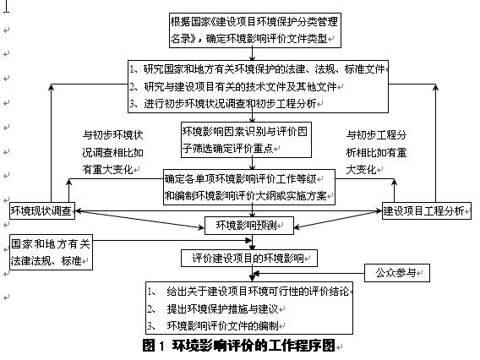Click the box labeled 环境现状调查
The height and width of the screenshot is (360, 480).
[42, 211]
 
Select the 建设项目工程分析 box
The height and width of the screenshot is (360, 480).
[427, 211]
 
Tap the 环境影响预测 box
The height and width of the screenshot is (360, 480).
[249, 226]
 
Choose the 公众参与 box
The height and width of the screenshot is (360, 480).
[397, 273]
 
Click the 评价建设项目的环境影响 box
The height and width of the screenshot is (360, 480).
[249, 259]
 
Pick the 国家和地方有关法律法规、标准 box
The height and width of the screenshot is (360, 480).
[51, 252]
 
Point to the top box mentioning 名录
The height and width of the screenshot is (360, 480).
[255, 30]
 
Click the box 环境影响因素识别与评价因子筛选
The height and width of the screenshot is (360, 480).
[246, 140]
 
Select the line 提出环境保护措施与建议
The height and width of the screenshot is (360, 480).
[222, 309]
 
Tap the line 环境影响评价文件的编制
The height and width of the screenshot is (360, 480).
[222, 325]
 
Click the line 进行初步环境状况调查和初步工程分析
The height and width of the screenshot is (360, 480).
[230, 104]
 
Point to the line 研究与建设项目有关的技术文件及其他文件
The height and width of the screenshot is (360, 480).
[240, 87]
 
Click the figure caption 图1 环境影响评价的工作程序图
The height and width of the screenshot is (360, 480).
[239, 346]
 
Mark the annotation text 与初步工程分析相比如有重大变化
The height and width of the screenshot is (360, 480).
[376, 152]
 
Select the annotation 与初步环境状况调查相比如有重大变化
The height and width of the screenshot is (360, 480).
[112, 152]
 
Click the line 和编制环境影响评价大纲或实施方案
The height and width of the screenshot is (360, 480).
[246, 196]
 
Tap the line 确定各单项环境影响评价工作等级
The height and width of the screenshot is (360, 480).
[241, 179]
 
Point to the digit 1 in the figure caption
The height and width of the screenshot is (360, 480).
[161, 346]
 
